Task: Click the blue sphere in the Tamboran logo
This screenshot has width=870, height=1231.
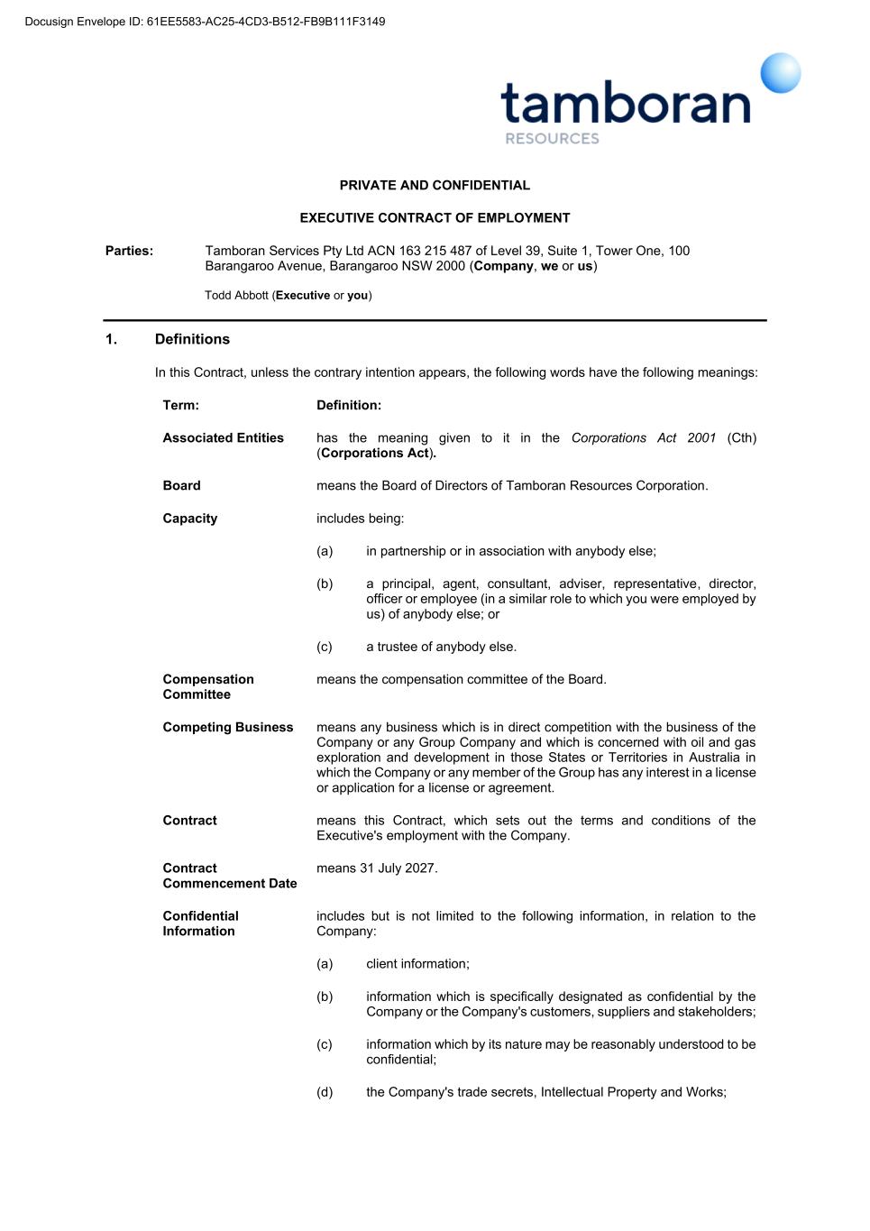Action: tap(780, 73)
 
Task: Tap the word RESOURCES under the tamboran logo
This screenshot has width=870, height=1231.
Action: tap(552, 139)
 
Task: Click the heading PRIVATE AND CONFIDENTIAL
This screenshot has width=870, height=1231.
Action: tap(435, 186)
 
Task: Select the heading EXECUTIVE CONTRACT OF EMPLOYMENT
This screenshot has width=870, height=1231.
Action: tap(435, 218)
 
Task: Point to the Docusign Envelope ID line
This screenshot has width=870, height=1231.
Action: tap(206, 22)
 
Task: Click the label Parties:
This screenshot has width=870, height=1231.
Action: tap(129, 251)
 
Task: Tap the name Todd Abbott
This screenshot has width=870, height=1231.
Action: tap(236, 296)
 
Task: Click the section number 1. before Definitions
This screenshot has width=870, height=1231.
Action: tap(111, 339)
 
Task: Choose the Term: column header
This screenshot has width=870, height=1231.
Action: tap(180, 405)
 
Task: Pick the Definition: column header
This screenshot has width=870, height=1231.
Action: tap(349, 405)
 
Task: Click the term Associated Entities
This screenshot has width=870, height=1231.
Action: tap(223, 438)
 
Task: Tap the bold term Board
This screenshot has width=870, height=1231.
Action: tap(181, 486)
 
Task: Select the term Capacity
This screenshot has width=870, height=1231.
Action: tap(189, 519)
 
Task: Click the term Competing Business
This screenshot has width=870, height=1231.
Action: tap(227, 728)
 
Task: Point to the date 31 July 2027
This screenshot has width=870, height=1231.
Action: tap(398, 868)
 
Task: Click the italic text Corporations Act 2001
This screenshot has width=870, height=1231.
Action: tap(643, 438)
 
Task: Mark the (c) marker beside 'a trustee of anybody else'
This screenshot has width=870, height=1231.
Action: tap(325, 647)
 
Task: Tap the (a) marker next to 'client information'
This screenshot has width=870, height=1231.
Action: tap(325, 964)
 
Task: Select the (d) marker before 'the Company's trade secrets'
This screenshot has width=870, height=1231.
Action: tap(325, 1092)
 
